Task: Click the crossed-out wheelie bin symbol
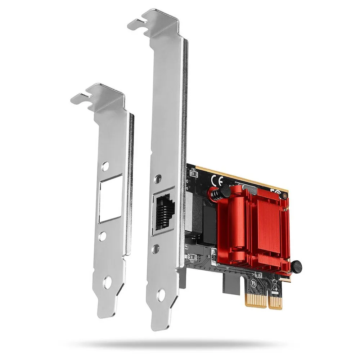(275, 285)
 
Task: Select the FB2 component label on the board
(193, 168)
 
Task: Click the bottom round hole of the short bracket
(106, 282)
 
